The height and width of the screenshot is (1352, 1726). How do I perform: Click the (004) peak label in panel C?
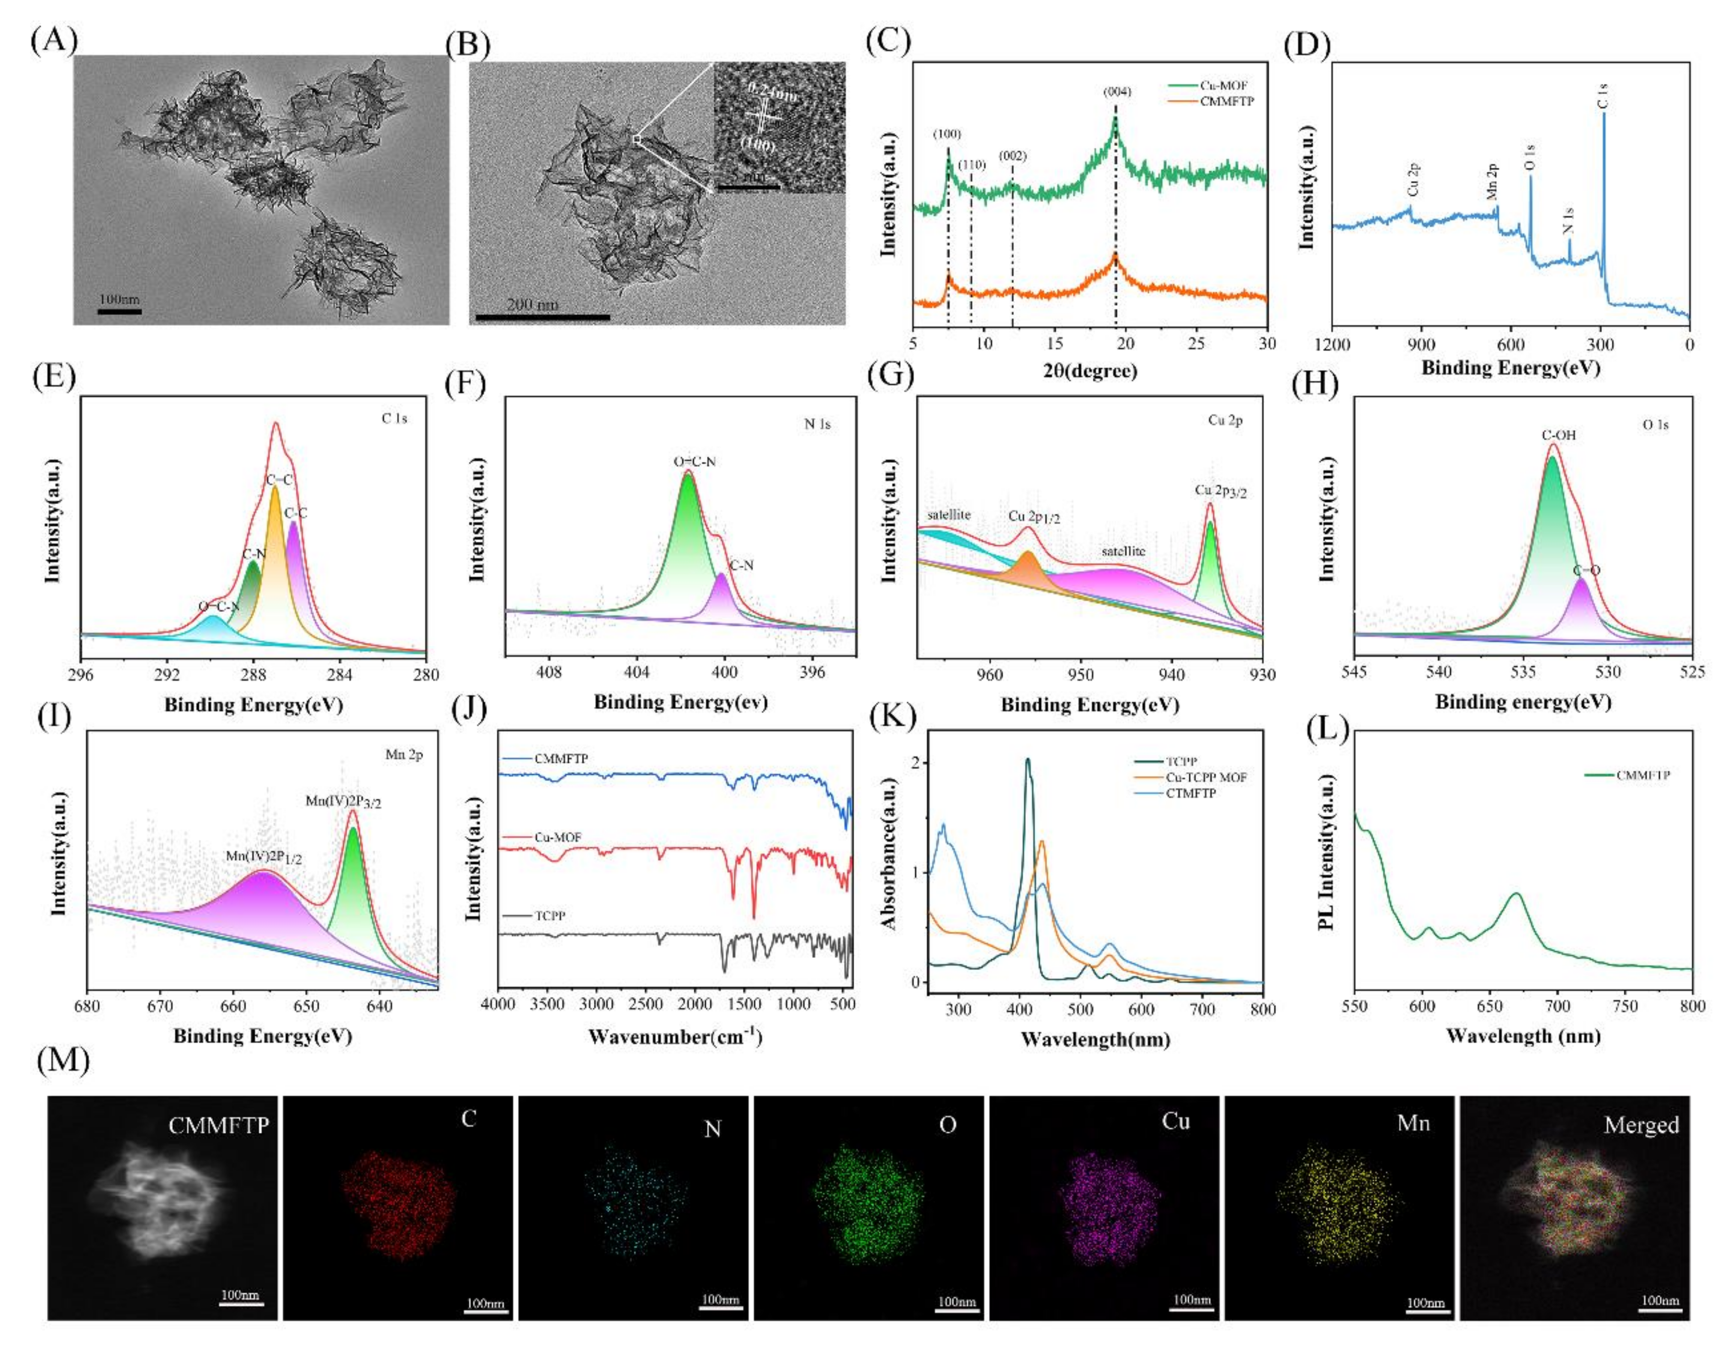coord(1118,92)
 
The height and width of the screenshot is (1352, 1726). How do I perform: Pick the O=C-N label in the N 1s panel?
coord(694,462)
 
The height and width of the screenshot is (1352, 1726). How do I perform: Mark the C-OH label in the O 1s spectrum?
coord(1558,435)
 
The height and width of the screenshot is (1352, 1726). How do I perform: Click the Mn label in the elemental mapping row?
coord(1413,1123)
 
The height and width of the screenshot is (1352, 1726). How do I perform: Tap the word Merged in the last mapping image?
coord(1641,1125)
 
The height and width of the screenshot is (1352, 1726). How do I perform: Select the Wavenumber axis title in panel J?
coord(675,1036)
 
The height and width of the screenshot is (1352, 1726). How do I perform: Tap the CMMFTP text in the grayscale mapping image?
coord(218,1125)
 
